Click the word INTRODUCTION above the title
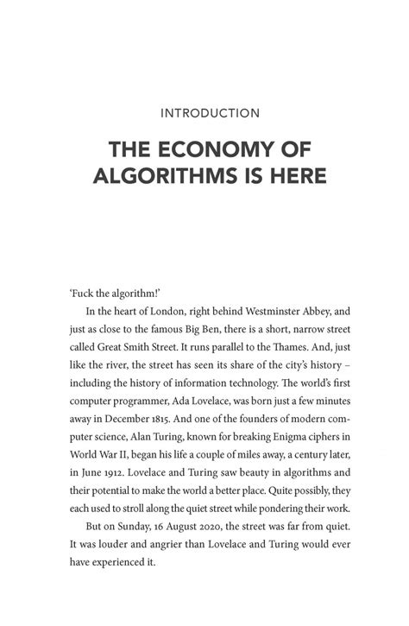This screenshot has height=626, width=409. point(204,112)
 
